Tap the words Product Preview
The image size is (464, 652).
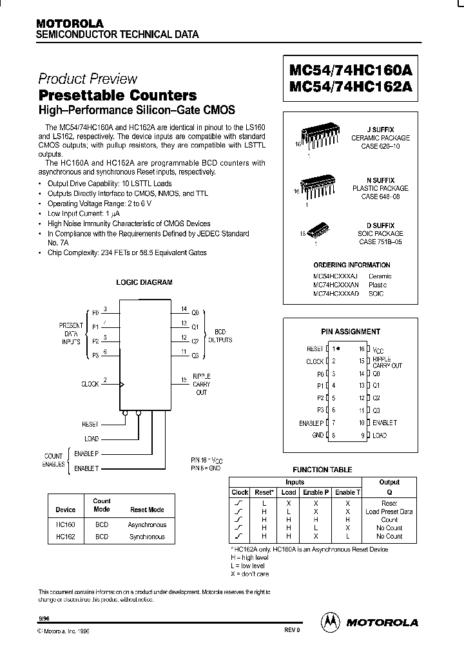88,79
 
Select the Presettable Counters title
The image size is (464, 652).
118,95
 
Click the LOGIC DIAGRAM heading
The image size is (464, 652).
144,282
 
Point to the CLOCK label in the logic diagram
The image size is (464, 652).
90,384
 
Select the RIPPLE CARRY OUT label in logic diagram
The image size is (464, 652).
201,384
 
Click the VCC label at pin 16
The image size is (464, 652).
378,350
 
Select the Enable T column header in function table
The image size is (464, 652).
347,492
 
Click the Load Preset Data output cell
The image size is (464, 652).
389,512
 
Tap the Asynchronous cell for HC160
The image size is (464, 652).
147,525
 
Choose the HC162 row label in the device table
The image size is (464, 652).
66,537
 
